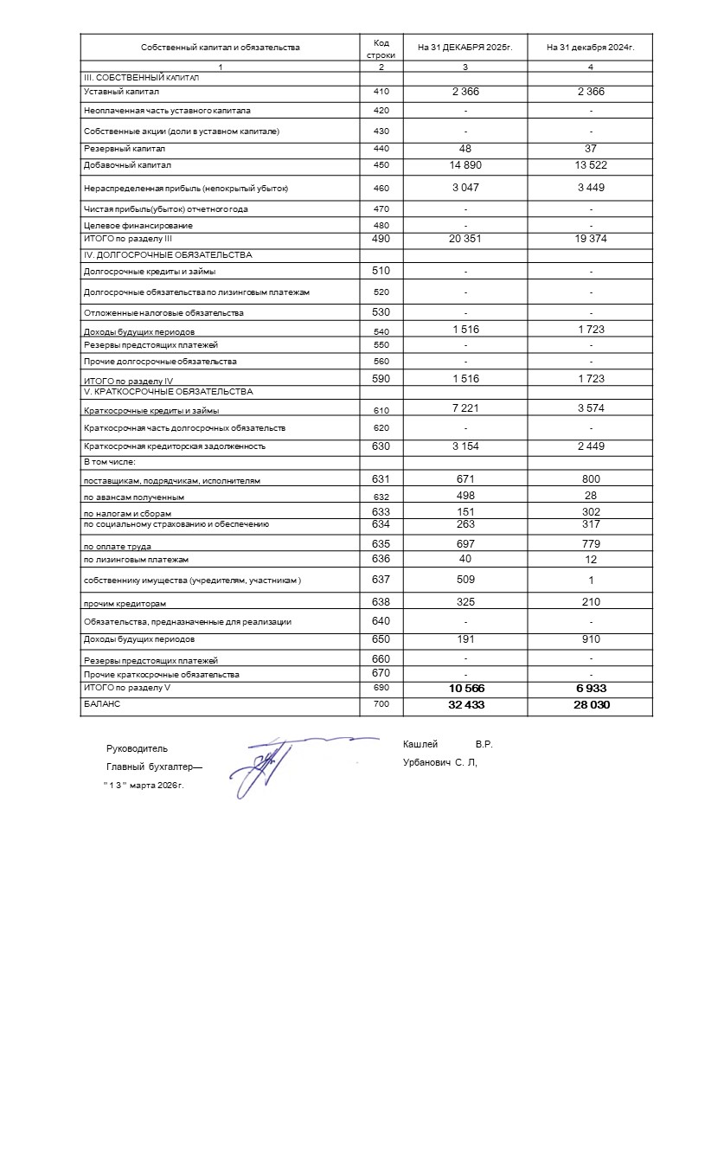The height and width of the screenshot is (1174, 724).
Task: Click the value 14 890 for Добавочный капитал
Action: [x=465, y=164]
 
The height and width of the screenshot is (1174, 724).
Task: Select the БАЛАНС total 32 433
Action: [x=465, y=705]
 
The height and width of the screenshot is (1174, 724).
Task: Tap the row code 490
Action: [x=381, y=238]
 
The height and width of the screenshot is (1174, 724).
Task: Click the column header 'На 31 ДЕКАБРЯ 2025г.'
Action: [x=465, y=48]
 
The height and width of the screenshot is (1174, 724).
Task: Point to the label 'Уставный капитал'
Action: [x=121, y=92]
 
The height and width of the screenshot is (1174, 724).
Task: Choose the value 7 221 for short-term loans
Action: [x=465, y=408]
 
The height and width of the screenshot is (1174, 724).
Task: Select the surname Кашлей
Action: [x=420, y=745]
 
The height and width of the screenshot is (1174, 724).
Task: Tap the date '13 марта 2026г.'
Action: [x=144, y=786]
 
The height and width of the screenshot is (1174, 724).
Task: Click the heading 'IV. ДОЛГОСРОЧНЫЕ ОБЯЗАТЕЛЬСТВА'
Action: [x=168, y=255]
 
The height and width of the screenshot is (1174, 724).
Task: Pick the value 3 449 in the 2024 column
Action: [x=591, y=186]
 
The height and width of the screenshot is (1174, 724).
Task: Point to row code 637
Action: [x=381, y=580]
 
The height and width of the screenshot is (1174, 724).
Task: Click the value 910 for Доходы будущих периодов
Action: [x=591, y=639]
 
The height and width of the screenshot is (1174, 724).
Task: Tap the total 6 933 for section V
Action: [x=591, y=688]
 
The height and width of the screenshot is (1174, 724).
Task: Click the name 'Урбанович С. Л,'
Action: [x=440, y=763]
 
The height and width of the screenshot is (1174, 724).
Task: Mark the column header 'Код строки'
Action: [x=381, y=48]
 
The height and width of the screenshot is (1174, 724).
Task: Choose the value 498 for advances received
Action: [x=465, y=496]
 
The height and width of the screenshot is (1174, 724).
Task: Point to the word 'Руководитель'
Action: [x=137, y=748]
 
